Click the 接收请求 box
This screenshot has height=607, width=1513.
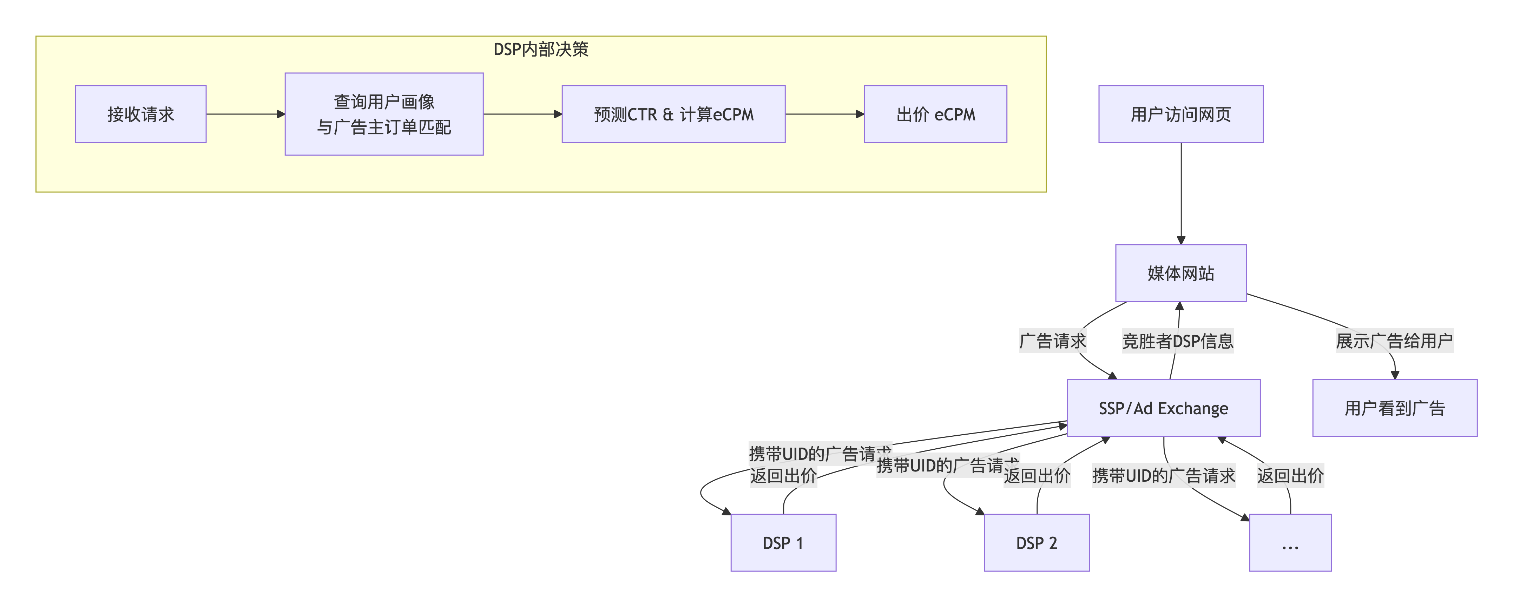(x=140, y=114)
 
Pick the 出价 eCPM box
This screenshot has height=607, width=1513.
(x=935, y=114)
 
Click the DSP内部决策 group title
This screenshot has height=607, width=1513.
(x=540, y=49)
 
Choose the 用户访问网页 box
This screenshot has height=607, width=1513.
(x=1180, y=114)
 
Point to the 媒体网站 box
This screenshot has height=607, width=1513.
(x=1180, y=273)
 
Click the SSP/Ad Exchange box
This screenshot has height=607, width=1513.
(x=1163, y=408)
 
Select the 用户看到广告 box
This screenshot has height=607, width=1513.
(x=1394, y=408)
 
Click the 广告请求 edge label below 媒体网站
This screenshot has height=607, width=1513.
(x=1053, y=341)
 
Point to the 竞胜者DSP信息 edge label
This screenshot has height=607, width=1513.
(x=1178, y=341)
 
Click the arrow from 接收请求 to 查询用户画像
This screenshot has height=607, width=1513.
(x=245, y=114)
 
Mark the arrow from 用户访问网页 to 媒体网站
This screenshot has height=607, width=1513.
(x=1180, y=194)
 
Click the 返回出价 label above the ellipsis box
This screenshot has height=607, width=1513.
(x=1290, y=475)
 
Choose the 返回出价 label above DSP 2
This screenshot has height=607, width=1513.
(x=1037, y=475)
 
